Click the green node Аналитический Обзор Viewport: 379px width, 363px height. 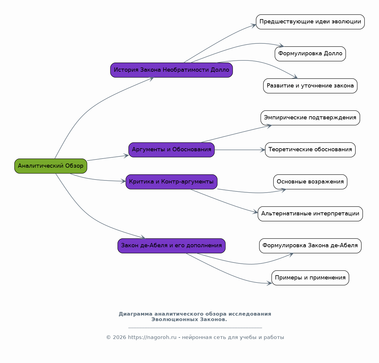(x=51, y=166)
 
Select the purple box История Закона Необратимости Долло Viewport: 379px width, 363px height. (x=171, y=70)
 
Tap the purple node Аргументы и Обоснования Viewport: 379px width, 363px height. (x=171, y=150)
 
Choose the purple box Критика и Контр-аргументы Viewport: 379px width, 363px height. (x=171, y=182)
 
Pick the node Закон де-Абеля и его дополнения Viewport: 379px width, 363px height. (x=171, y=246)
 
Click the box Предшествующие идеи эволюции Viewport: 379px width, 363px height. (x=310, y=22)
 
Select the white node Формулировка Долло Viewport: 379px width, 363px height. (x=310, y=54)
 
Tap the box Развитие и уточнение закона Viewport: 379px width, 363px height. (x=310, y=86)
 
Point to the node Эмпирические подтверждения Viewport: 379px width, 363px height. (x=310, y=118)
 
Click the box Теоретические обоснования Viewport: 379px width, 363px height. (x=310, y=150)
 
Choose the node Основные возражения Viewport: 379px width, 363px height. (x=310, y=182)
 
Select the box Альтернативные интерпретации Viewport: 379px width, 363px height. (x=310, y=214)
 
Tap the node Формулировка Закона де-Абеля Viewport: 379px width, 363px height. (x=310, y=246)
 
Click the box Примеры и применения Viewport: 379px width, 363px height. (x=310, y=278)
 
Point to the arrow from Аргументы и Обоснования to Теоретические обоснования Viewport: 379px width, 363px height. (x=240, y=150)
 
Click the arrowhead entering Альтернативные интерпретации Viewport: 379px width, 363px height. (x=255, y=212)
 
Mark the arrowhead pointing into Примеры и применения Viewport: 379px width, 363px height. (x=269, y=283)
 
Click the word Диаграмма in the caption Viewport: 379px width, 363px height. (x=136, y=314)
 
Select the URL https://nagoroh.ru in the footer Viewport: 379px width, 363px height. (x=152, y=337)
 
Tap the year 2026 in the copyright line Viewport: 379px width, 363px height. (x=119, y=337)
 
